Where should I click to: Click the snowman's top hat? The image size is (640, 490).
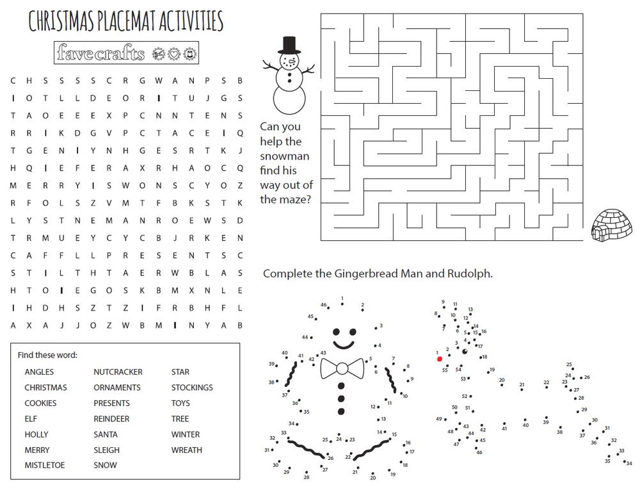pyautogui.click(x=289, y=44)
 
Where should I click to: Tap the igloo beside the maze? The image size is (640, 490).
pyautogui.click(x=614, y=225)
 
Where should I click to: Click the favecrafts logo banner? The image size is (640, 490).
pyautogui.click(x=127, y=53)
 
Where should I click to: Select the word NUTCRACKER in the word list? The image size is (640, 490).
pyautogui.click(x=118, y=372)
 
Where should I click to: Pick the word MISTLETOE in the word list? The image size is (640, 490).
pyautogui.click(x=44, y=466)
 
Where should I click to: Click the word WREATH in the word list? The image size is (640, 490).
pyautogui.click(x=186, y=450)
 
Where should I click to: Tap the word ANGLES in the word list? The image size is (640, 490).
pyautogui.click(x=39, y=372)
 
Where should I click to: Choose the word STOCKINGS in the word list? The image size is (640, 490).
pyautogui.click(x=192, y=388)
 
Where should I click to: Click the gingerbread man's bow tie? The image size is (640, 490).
pyautogui.click(x=342, y=368)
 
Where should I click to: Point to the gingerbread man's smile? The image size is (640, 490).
pyautogui.click(x=344, y=345)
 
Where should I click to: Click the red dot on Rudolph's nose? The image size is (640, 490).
pyautogui.click(x=440, y=359)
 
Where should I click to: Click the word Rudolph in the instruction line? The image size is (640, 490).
pyautogui.click(x=472, y=274)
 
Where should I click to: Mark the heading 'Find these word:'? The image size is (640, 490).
pyautogui.click(x=47, y=355)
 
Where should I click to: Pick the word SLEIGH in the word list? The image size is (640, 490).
pyautogui.click(x=106, y=450)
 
